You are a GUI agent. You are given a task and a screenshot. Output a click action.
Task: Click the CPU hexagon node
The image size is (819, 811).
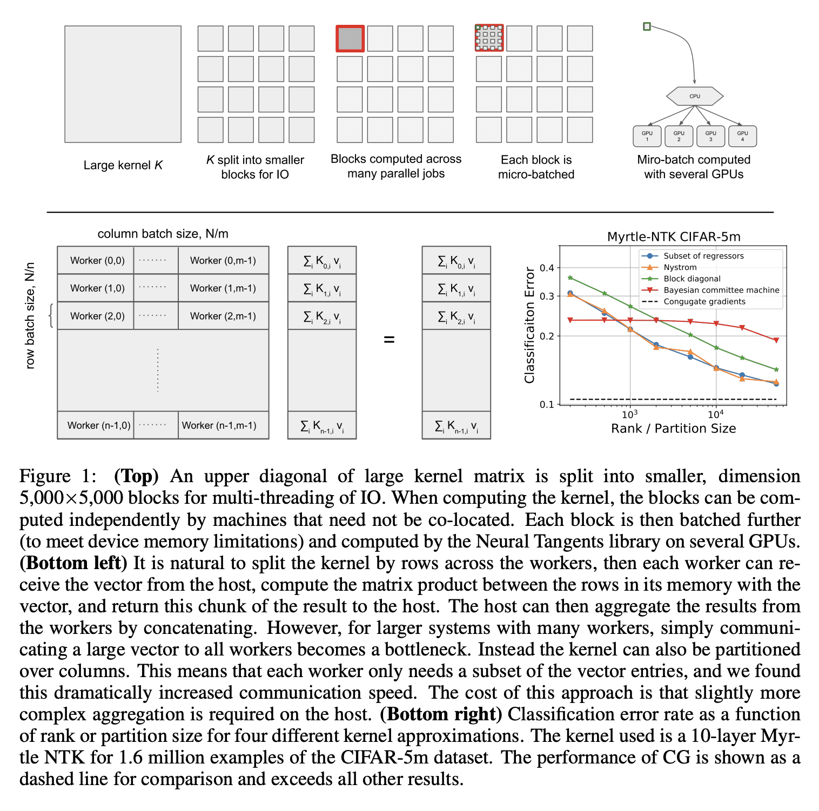694,96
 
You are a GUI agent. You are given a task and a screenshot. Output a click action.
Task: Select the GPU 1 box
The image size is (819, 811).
647,136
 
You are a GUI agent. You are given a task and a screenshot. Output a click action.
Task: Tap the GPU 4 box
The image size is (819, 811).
742,136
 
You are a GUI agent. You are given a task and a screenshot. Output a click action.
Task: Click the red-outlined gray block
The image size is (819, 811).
350,38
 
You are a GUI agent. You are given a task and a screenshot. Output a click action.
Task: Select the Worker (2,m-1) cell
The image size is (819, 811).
223,316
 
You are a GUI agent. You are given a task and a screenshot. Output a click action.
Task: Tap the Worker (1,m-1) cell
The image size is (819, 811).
223,288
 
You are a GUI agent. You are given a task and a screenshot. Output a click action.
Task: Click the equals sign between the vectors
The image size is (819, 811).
389,340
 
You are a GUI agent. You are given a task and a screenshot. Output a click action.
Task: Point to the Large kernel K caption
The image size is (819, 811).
123,165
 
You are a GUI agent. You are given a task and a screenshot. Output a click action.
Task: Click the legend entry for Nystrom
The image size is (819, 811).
680,267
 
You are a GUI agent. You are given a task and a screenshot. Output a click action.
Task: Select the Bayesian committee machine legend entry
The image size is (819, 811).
721,290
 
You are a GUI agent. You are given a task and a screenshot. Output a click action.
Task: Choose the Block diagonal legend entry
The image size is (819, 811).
692,279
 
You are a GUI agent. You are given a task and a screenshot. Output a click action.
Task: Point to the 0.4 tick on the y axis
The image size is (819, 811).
547,268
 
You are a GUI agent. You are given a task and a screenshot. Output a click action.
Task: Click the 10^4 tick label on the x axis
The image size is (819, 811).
715,414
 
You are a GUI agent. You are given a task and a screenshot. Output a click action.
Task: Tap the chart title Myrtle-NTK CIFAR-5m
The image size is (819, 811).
674,236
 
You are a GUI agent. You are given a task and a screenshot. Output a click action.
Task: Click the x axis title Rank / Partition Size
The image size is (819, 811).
673,429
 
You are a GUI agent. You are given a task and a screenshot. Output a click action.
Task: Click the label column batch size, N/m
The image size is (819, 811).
163,234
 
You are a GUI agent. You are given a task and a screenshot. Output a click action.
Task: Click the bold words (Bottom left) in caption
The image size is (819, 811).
73,563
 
